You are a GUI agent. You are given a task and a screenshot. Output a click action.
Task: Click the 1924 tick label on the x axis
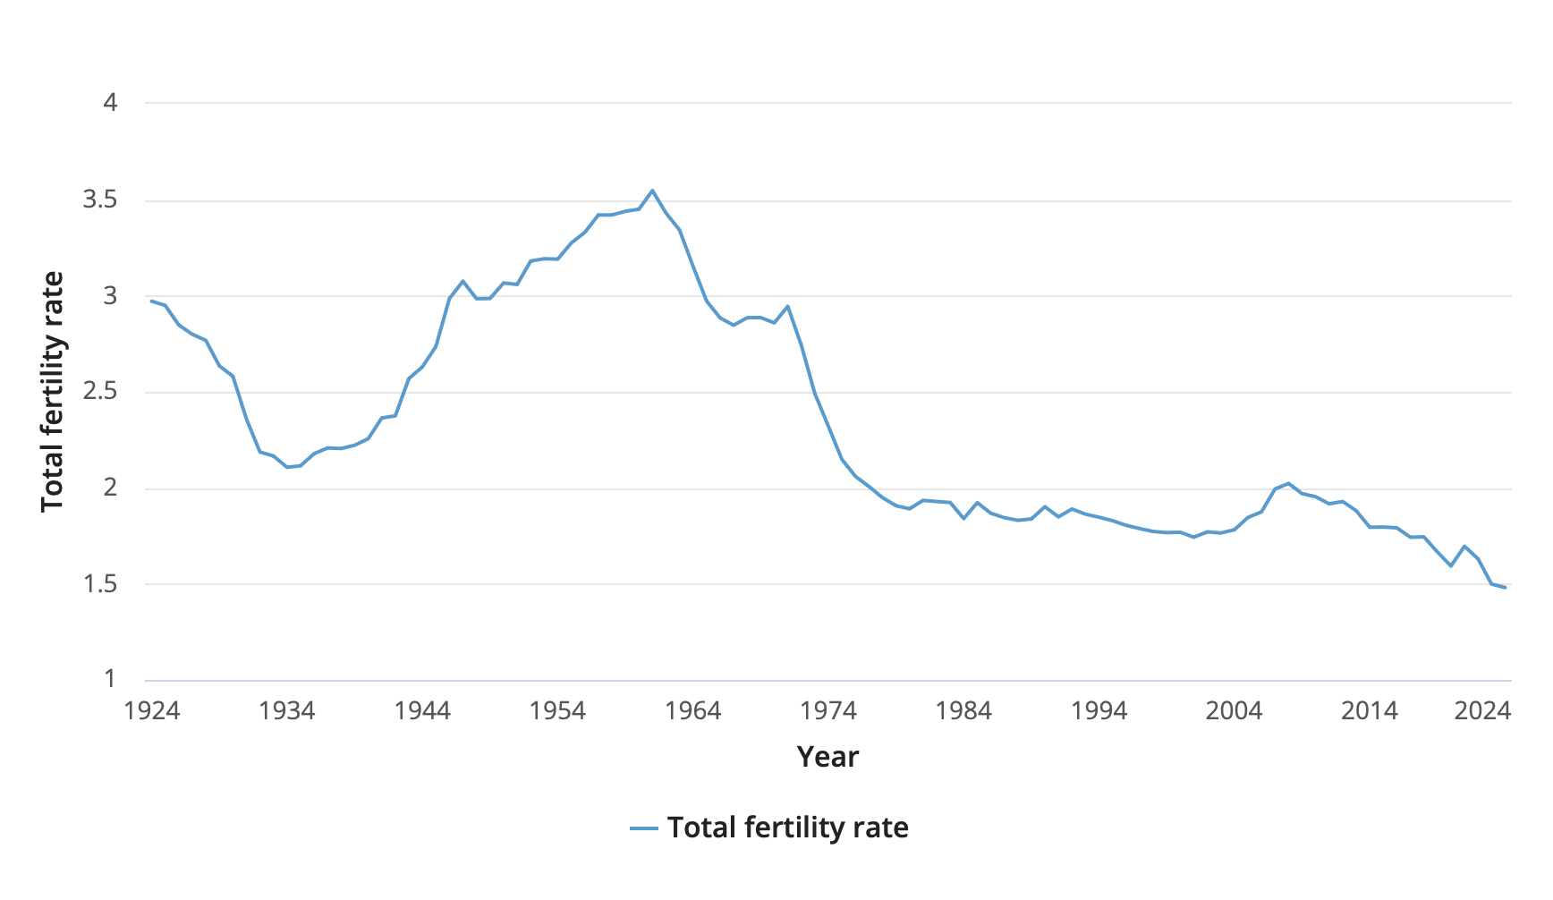pyautogui.click(x=152, y=711)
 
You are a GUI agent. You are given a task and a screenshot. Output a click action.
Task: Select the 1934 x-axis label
pyautogui.click(x=287, y=711)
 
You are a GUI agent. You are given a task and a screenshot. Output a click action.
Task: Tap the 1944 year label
pyautogui.click(x=422, y=711)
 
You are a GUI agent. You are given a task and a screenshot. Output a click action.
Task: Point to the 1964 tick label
pyautogui.click(x=693, y=711)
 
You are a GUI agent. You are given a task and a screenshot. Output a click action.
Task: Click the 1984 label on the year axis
pyautogui.click(x=963, y=711)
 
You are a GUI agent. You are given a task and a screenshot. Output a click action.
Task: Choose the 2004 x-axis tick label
pyautogui.click(x=1234, y=711)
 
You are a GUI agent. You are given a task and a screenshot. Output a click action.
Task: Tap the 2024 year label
pyautogui.click(x=1482, y=711)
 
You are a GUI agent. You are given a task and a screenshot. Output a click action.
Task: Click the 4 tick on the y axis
pyautogui.click(x=110, y=103)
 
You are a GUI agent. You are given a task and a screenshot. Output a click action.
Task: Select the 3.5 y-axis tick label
pyautogui.click(x=100, y=200)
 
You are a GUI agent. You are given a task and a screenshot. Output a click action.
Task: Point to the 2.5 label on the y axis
pyautogui.click(x=100, y=392)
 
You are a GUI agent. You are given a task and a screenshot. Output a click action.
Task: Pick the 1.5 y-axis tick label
pyautogui.click(x=100, y=584)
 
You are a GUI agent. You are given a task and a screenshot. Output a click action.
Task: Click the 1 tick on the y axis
pyautogui.click(x=110, y=679)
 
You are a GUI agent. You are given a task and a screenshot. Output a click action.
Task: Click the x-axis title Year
pyautogui.click(x=827, y=757)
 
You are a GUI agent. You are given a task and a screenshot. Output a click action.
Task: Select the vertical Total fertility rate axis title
pyautogui.click(x=53, y=392)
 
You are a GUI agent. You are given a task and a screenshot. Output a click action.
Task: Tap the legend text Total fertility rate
pyautogui.click(x=787, y=828)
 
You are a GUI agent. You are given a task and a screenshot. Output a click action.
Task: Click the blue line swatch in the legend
pyautogui.click(x=644, y=828)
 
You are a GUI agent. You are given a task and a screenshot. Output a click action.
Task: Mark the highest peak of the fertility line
pyautogui.click(x=652, y=190)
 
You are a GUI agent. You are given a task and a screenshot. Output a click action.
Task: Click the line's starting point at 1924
pyautogui.click(x=152, y=301)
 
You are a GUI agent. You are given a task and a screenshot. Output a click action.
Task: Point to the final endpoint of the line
pyautogui.click(x=1506, y=588)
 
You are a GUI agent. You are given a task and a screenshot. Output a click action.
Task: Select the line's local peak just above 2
pyautogui.click(x=1288, y=483)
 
